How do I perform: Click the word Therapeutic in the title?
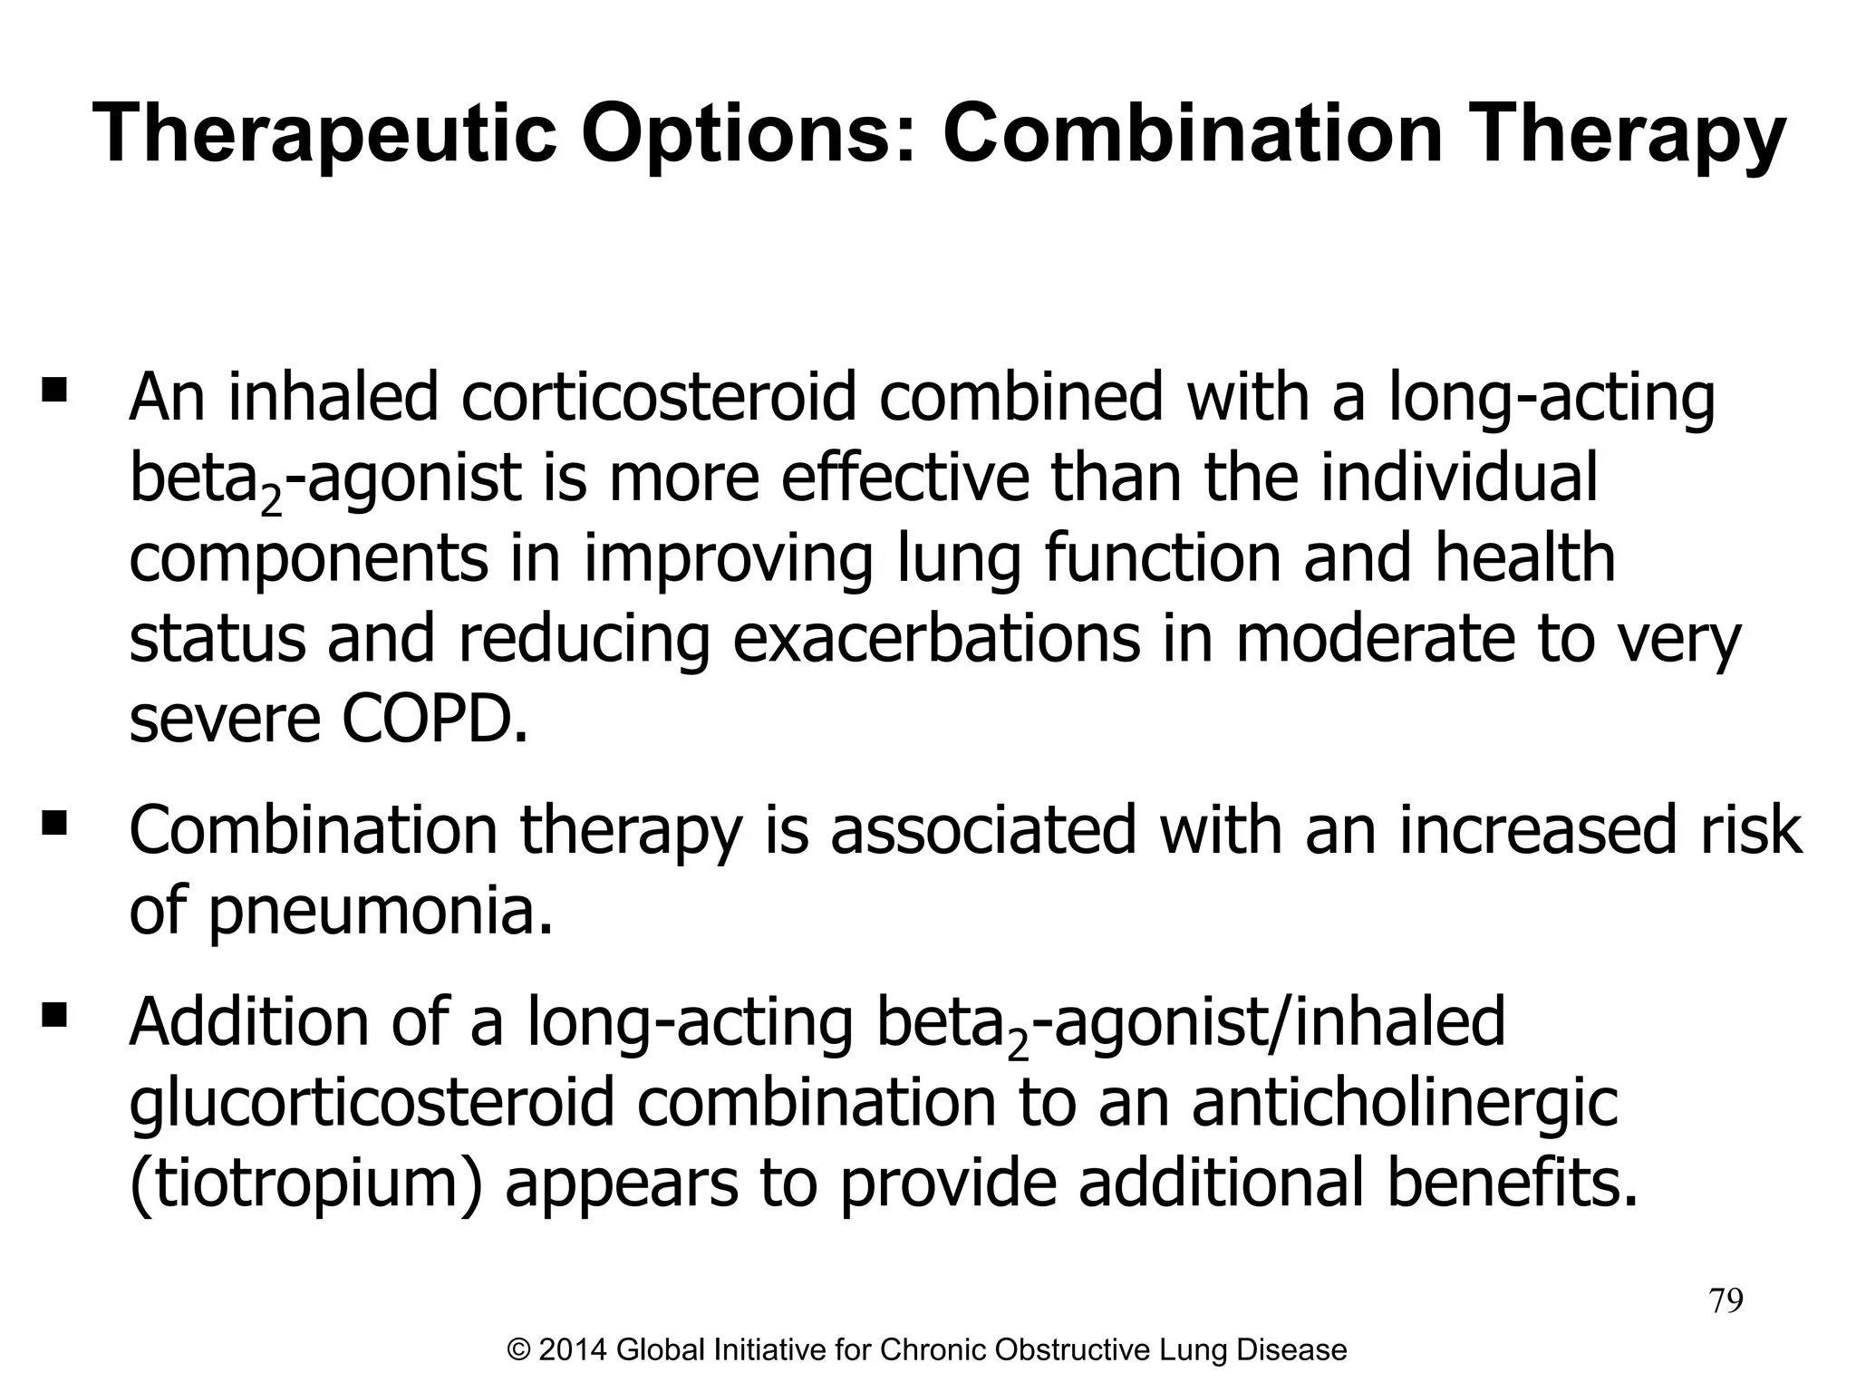(324, 136)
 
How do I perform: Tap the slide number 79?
(1725, 1301)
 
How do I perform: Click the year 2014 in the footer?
(573, 1350)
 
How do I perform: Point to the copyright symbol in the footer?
(519, 1350)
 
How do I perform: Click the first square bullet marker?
(54, 391)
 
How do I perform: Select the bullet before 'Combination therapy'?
(54, 823)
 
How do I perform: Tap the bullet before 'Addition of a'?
(54, 1014)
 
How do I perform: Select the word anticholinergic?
(1405, 1103)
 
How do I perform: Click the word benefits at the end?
(1513, 1184)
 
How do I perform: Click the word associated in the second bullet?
(983, 830)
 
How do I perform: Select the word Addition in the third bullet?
(250, 1021)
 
